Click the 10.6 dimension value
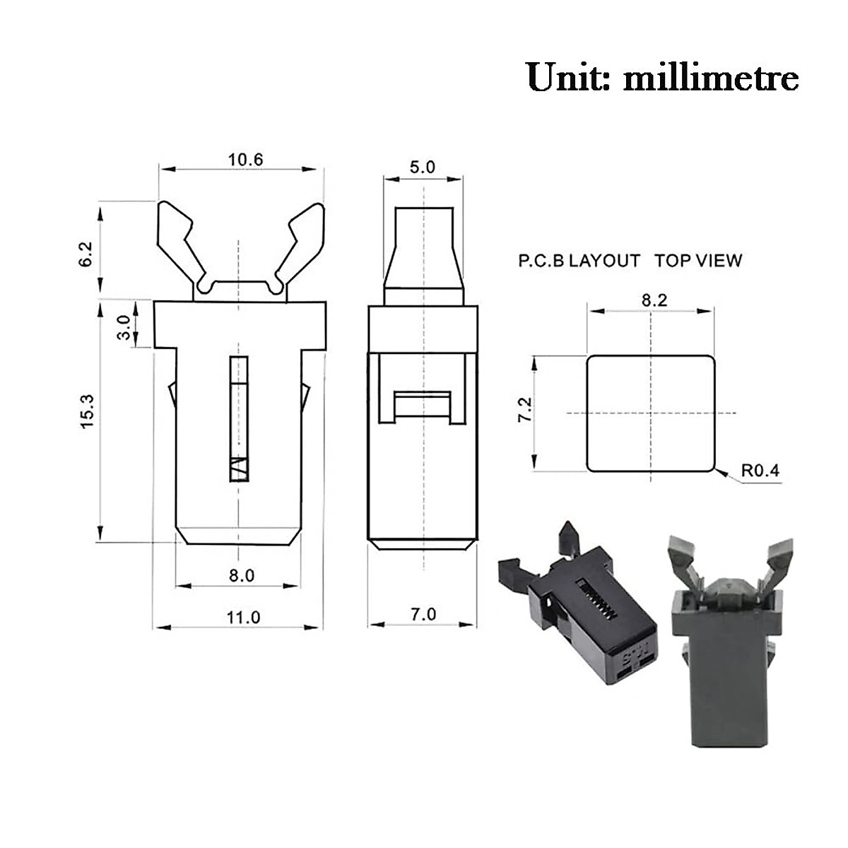point(245,159)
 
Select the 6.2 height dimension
point(87,252)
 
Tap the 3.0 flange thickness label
point(123,328)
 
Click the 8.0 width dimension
point(241,575)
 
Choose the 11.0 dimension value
point(243,617)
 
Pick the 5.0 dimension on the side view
point(423,167)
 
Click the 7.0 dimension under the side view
point(423,614)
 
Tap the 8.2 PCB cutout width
point(654,300)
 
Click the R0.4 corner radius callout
point(760,470)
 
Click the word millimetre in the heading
point(711,77)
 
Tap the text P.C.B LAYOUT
point(579,261)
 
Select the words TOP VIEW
point(698,261)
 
